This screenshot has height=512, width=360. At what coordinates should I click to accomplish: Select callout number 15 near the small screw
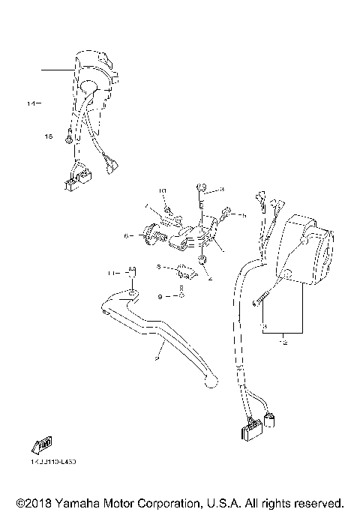[49, 136]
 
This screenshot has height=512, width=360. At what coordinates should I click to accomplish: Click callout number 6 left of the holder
[128, 236]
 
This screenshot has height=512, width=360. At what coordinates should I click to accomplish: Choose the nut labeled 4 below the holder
[202, 260]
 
